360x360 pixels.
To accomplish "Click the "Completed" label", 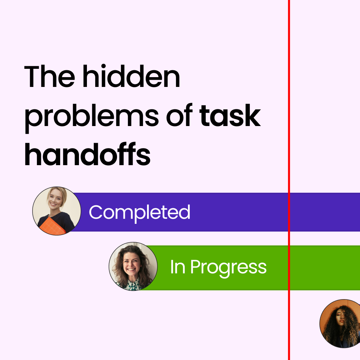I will [x=139, y=212].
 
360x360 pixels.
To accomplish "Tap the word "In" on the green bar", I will [x=177, y=267].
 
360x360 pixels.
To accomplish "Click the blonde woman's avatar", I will [x=56, y=210].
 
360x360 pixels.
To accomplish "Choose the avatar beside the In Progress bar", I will [x=133, y=267].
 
